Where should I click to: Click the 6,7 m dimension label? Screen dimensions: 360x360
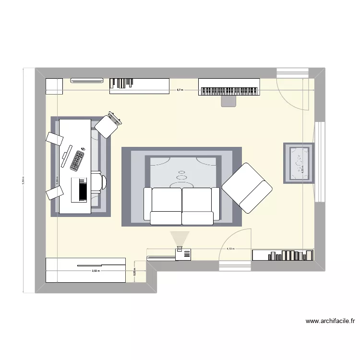pos(180,90)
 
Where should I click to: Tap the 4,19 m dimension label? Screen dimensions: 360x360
pos(230,249)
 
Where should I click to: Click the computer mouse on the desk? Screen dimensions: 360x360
pos(82,149)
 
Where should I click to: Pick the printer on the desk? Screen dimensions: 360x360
pos(80,190)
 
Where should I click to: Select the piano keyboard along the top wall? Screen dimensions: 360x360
pos(229,91)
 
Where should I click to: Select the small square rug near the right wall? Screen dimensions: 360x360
pos(298,163)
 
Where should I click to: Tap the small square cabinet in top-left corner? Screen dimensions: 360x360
pos(54,86)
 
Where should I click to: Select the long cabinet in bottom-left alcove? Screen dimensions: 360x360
pos(85,270)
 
